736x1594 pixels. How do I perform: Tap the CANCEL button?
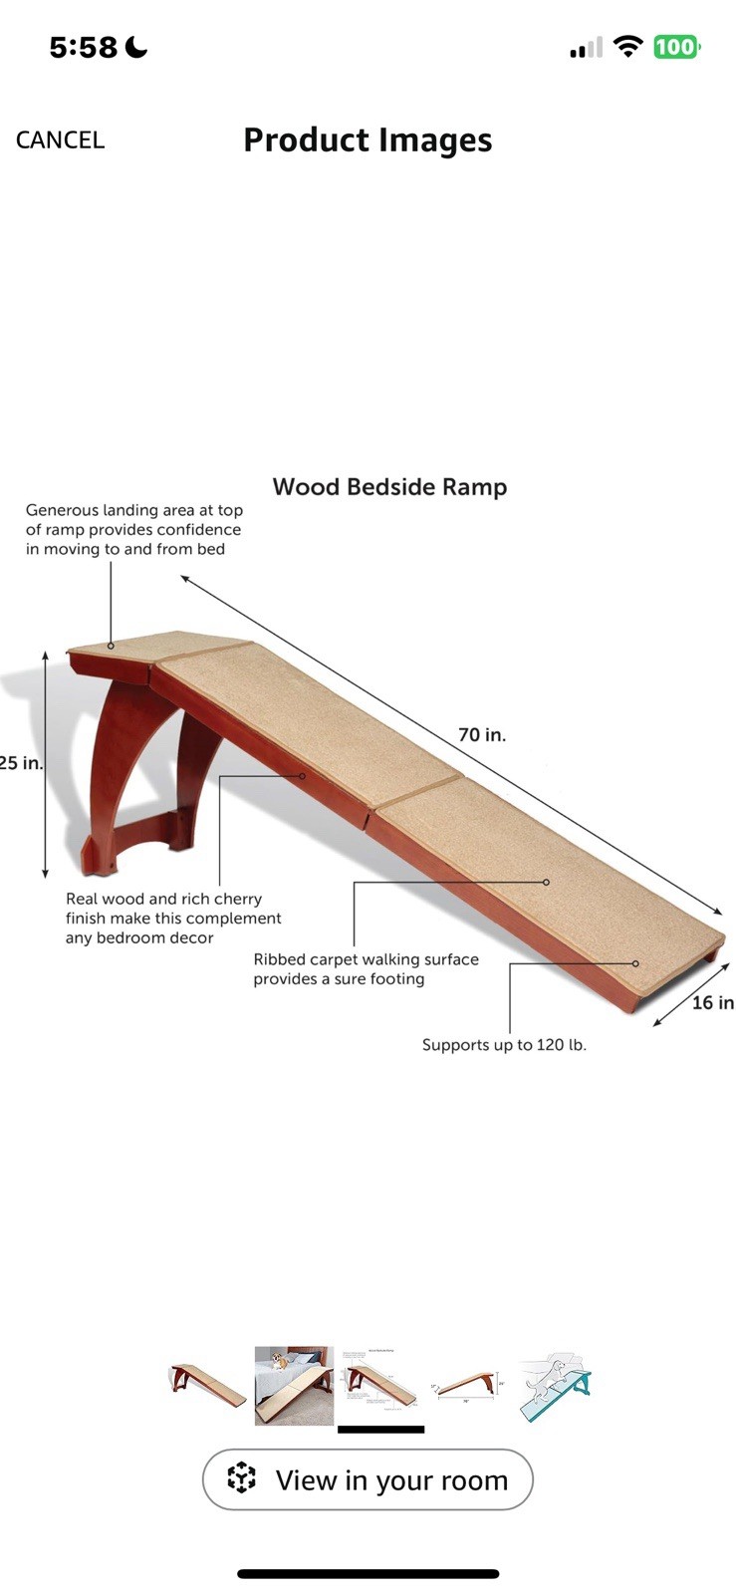pyautogui.click(x=60, y=139)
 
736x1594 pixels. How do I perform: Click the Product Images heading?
pyautogui.click(x=368, y=140)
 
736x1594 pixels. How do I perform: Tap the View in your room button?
pyautogui.click(x=368, y=1479)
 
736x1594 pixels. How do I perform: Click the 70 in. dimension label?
pyautogui.click(x=482, y=735)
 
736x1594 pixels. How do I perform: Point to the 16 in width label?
pyautogui.click(x=713, y=1002)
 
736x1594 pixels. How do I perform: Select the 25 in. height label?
pyautogui.click(x=21, y=763)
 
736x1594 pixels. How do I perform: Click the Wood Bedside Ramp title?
pyautogui.click(x=389, y=487)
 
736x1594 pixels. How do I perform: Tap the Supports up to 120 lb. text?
pyautogui.click(x=504, y=1045)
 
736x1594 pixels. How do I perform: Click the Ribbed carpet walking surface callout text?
pyautogui.click(x=366, y=969)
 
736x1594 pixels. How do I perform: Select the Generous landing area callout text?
pyautogui.click(x=133, y=529)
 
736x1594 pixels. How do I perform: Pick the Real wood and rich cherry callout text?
pyautogui.click(x=173, y=918)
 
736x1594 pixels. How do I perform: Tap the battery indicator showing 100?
pyautogui.click(x=676, y=47)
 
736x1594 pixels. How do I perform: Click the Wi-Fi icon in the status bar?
pyautogui.click(x=627, y=46)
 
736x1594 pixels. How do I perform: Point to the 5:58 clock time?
pyautogui.click(x=84, y=47)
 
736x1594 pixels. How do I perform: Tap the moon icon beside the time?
pyautogui.click(x=137, y=47)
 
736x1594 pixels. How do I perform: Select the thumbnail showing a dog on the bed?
pyautogui.click(x=294, y=1385)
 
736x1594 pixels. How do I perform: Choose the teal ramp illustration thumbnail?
pyautogui.click(x=555, y=1385)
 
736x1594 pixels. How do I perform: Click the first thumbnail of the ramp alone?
pyautogui.click(x=207, y=1385)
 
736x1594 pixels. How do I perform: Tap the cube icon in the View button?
pyautogui.click(x=241, y=1479)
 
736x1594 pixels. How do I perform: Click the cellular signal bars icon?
pyautogui.click(x=586, y=48)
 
